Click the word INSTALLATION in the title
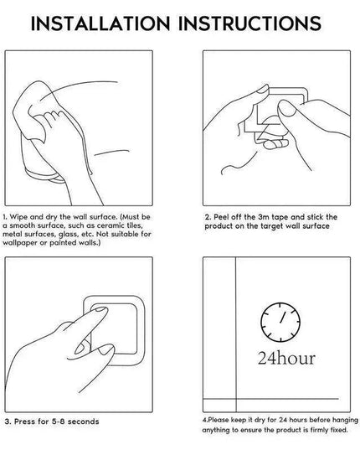point(100,23)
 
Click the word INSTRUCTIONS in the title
point(250,23)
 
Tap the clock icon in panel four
point(280,322)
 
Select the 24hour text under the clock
point(286,358)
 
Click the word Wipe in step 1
point(19,217)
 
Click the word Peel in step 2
point(221,217)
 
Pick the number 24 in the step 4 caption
point(283,420)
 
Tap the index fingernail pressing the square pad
point(100,309)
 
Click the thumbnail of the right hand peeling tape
point(286,108)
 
